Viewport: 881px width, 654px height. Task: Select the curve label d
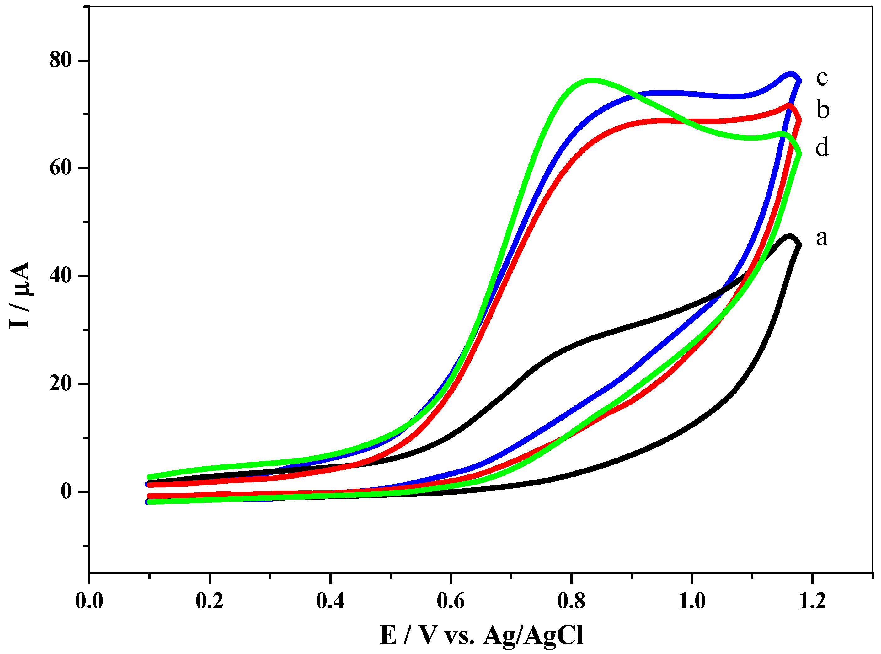point(822,147)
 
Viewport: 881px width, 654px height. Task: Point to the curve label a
point(822,238)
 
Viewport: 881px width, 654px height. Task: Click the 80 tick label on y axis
point(60,60)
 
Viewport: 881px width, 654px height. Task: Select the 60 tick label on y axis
point(60,168)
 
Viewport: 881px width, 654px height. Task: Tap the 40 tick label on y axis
point(60,276)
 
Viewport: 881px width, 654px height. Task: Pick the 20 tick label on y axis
point(60,383)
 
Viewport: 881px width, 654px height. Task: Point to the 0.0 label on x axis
point(89,601)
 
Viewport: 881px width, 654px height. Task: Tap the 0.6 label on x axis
point(451,601)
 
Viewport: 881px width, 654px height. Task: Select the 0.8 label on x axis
point(571,601)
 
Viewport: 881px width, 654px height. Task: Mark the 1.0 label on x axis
point(692,601)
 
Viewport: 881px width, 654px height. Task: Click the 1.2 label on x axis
point(812,601)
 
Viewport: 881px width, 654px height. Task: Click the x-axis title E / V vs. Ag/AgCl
point(481,636)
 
